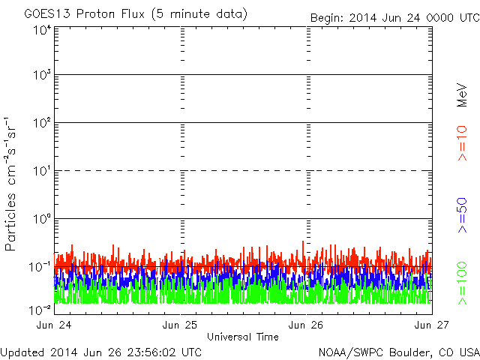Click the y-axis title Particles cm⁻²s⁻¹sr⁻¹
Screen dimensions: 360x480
pos(11,184)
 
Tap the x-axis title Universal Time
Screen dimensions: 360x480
pos(243,337)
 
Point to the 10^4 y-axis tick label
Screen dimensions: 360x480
pos(40,29)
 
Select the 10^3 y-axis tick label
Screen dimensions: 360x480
pos(40,75)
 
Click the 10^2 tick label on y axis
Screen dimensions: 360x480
pos(40,123)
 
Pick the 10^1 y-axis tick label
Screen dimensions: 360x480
pos(40,171)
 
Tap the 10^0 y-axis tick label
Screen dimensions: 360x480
pos(40,219)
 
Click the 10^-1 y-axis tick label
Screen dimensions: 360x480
pos(40,266)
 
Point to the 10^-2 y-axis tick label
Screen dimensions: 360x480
pos(40,309)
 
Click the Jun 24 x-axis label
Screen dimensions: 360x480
pos(54,325)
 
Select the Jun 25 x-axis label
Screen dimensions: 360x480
pos(180,325)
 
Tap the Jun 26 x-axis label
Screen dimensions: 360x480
pos(306,325)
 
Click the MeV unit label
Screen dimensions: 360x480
pos(462,94)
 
